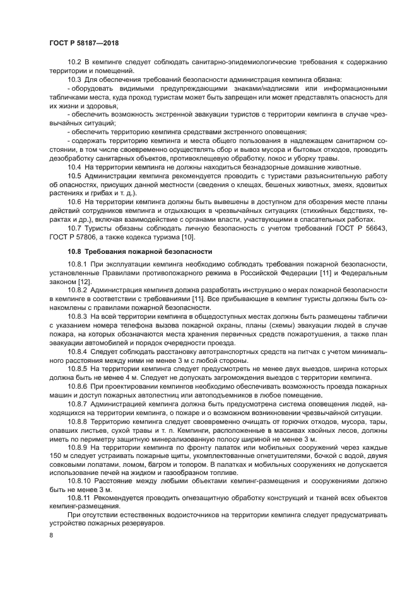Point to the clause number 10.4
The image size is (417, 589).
click(x=74, y=166)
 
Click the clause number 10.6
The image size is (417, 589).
click(x=74, y=201)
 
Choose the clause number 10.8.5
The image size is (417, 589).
click(x=78, y=368)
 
